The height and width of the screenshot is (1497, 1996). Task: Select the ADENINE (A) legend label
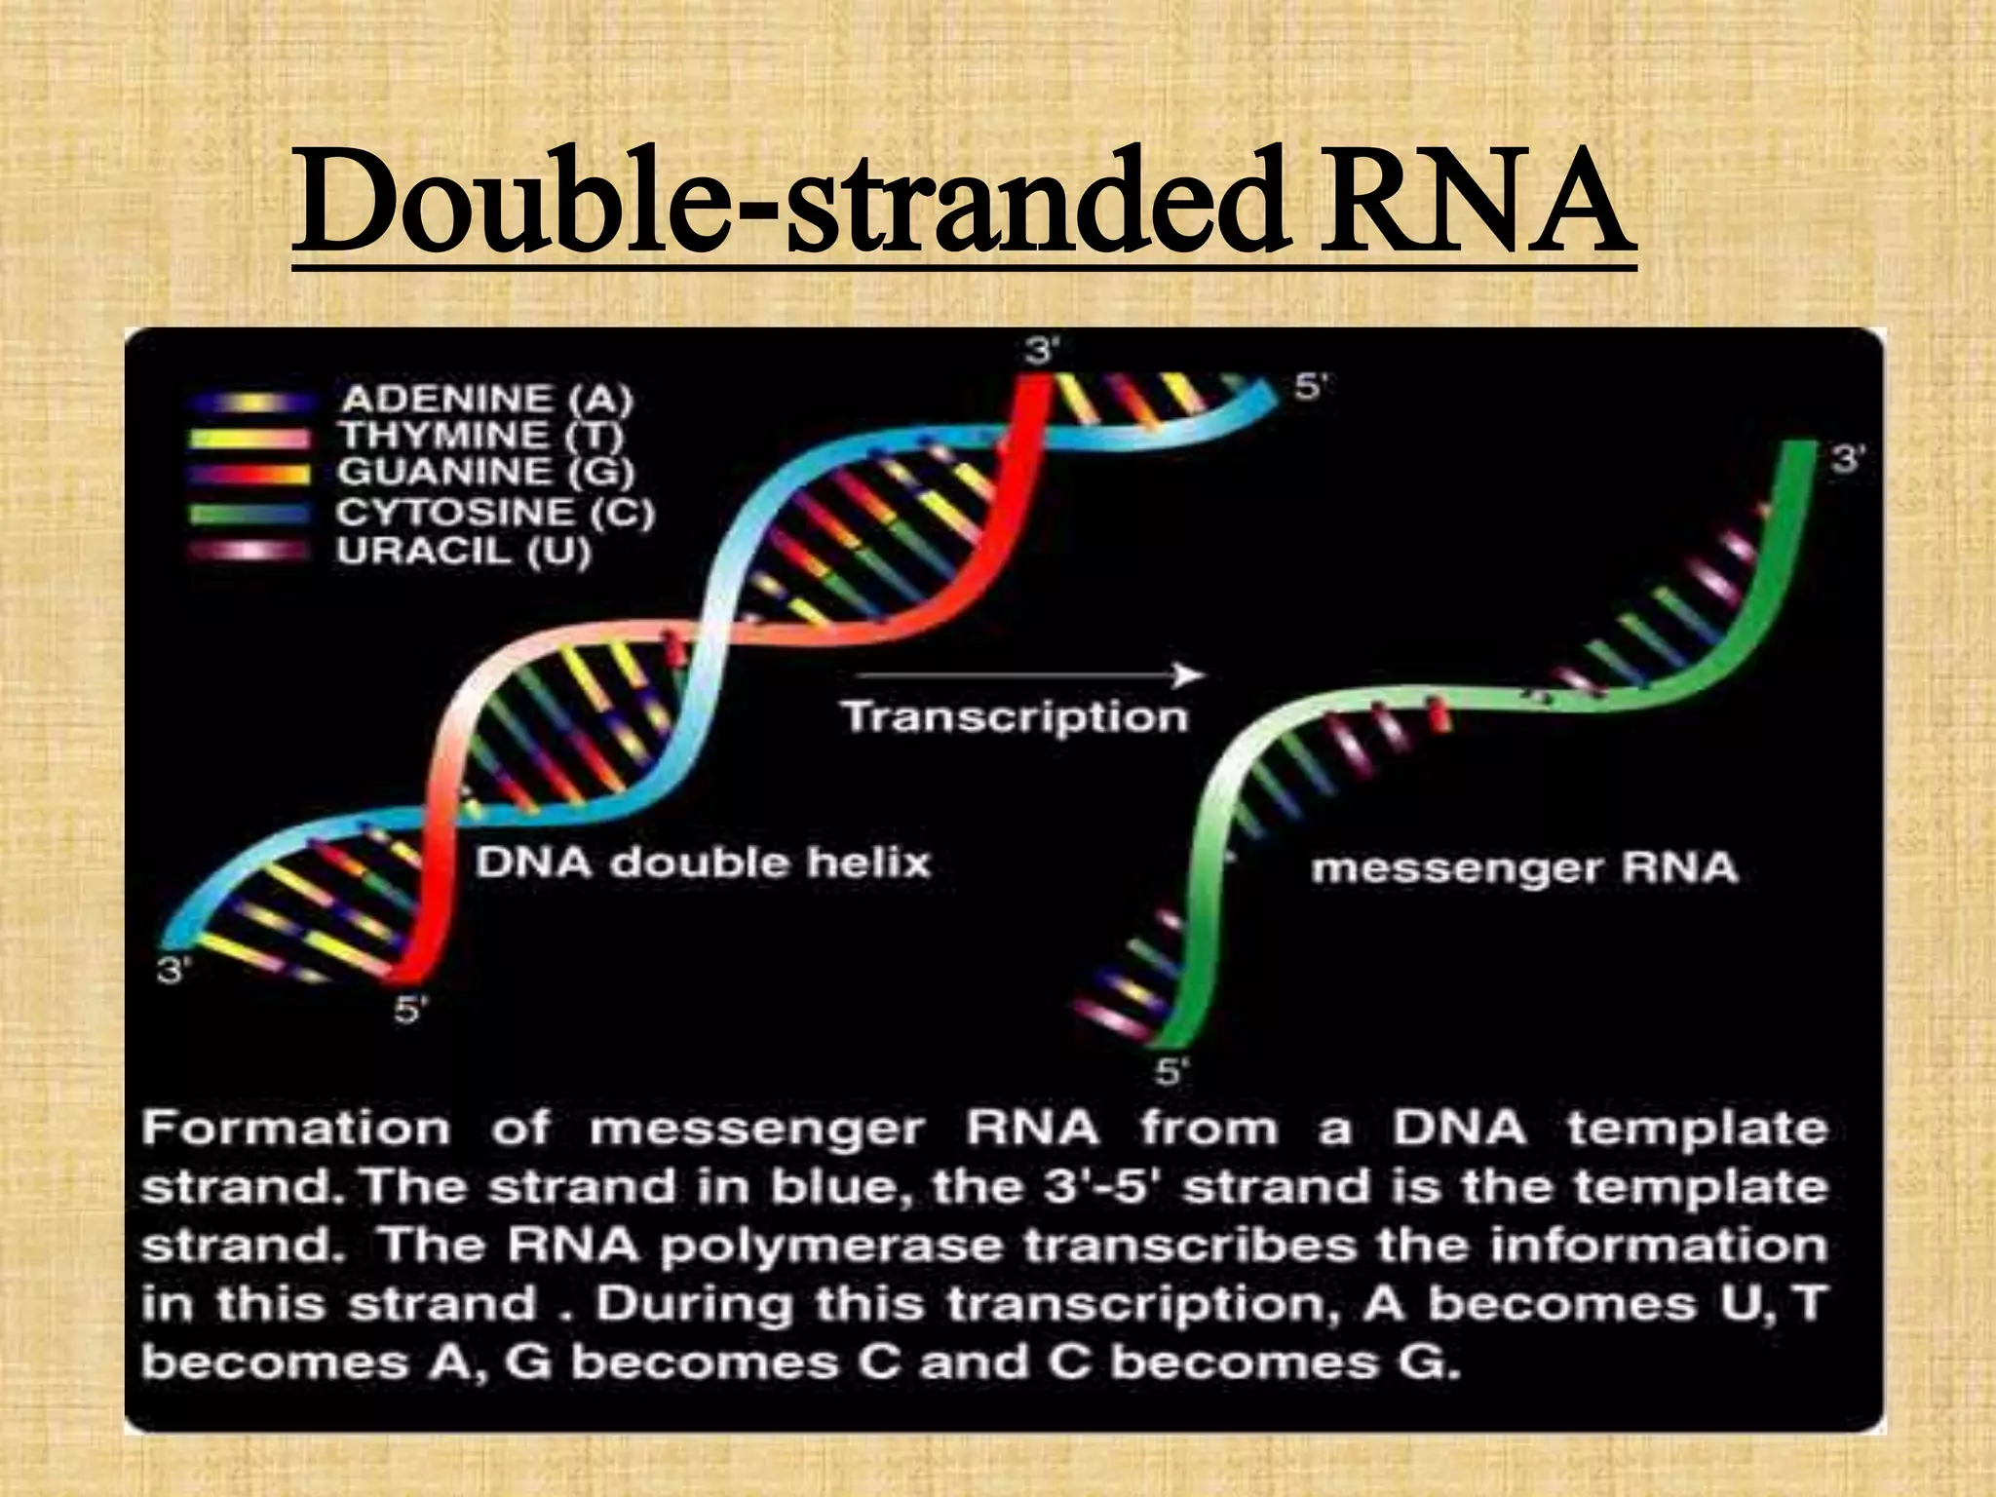point(486,399)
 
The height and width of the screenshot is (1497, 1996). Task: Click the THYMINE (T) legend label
point(481,435)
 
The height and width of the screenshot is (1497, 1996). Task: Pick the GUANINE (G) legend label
point(486,473)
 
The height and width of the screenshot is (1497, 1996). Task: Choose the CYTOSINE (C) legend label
point(496,513)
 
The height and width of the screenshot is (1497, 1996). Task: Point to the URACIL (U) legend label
point(464,553)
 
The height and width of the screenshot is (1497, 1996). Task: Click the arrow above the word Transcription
point(1028,674)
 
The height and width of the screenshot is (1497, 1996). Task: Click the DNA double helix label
point(703,863)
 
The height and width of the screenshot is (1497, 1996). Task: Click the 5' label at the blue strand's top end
point(1309,387)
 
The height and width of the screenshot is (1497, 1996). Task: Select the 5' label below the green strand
point(1170,1073)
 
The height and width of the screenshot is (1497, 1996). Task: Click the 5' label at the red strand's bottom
point(409,1010)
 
